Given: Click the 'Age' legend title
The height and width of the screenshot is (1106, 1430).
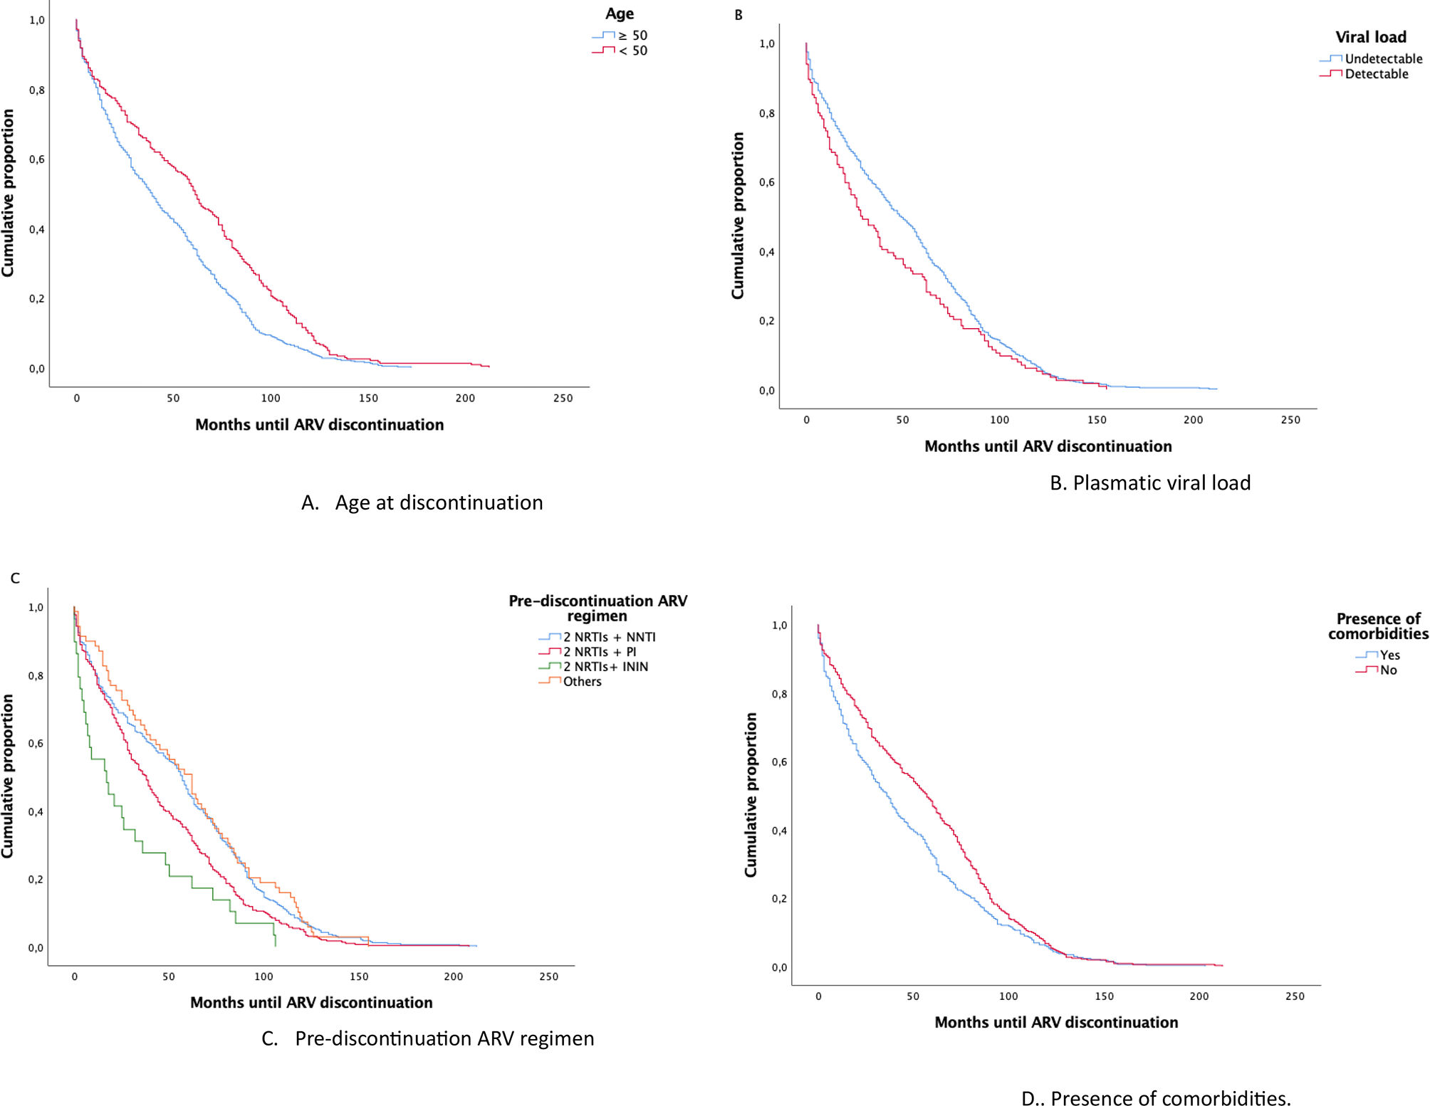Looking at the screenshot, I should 619,14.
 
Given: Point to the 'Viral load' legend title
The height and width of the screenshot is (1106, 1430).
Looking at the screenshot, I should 1370,37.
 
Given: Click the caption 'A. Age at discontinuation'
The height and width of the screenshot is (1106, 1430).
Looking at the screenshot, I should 422,502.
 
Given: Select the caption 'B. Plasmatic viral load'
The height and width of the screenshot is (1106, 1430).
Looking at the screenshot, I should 1149,483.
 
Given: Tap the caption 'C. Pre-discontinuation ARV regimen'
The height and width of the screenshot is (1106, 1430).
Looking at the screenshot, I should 427,1038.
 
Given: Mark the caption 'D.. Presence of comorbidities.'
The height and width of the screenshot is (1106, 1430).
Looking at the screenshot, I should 1155,1098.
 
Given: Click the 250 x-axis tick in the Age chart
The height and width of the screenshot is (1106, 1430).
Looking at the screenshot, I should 563,399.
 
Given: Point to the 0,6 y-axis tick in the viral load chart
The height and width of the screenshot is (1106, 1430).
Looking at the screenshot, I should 766,182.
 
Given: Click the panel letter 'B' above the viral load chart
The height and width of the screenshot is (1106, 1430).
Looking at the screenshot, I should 739,15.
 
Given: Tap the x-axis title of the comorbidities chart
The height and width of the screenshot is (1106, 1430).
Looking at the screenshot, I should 1055,1022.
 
